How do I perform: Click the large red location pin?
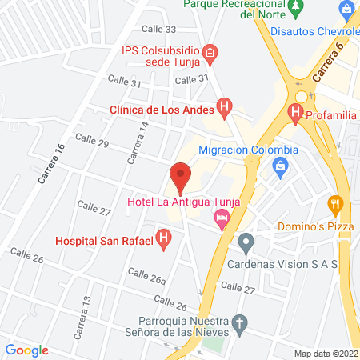coord(180,176)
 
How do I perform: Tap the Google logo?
coord(26,350)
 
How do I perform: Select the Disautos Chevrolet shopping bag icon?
coord(346,10)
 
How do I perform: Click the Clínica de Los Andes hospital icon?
coord(226,107)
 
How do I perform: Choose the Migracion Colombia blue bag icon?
coord(280,166)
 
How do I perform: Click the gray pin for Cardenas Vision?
coord(246,241)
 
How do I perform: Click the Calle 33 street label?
coord(159,29)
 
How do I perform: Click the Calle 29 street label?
coord(91,139)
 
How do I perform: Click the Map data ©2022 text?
coord(326,353)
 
